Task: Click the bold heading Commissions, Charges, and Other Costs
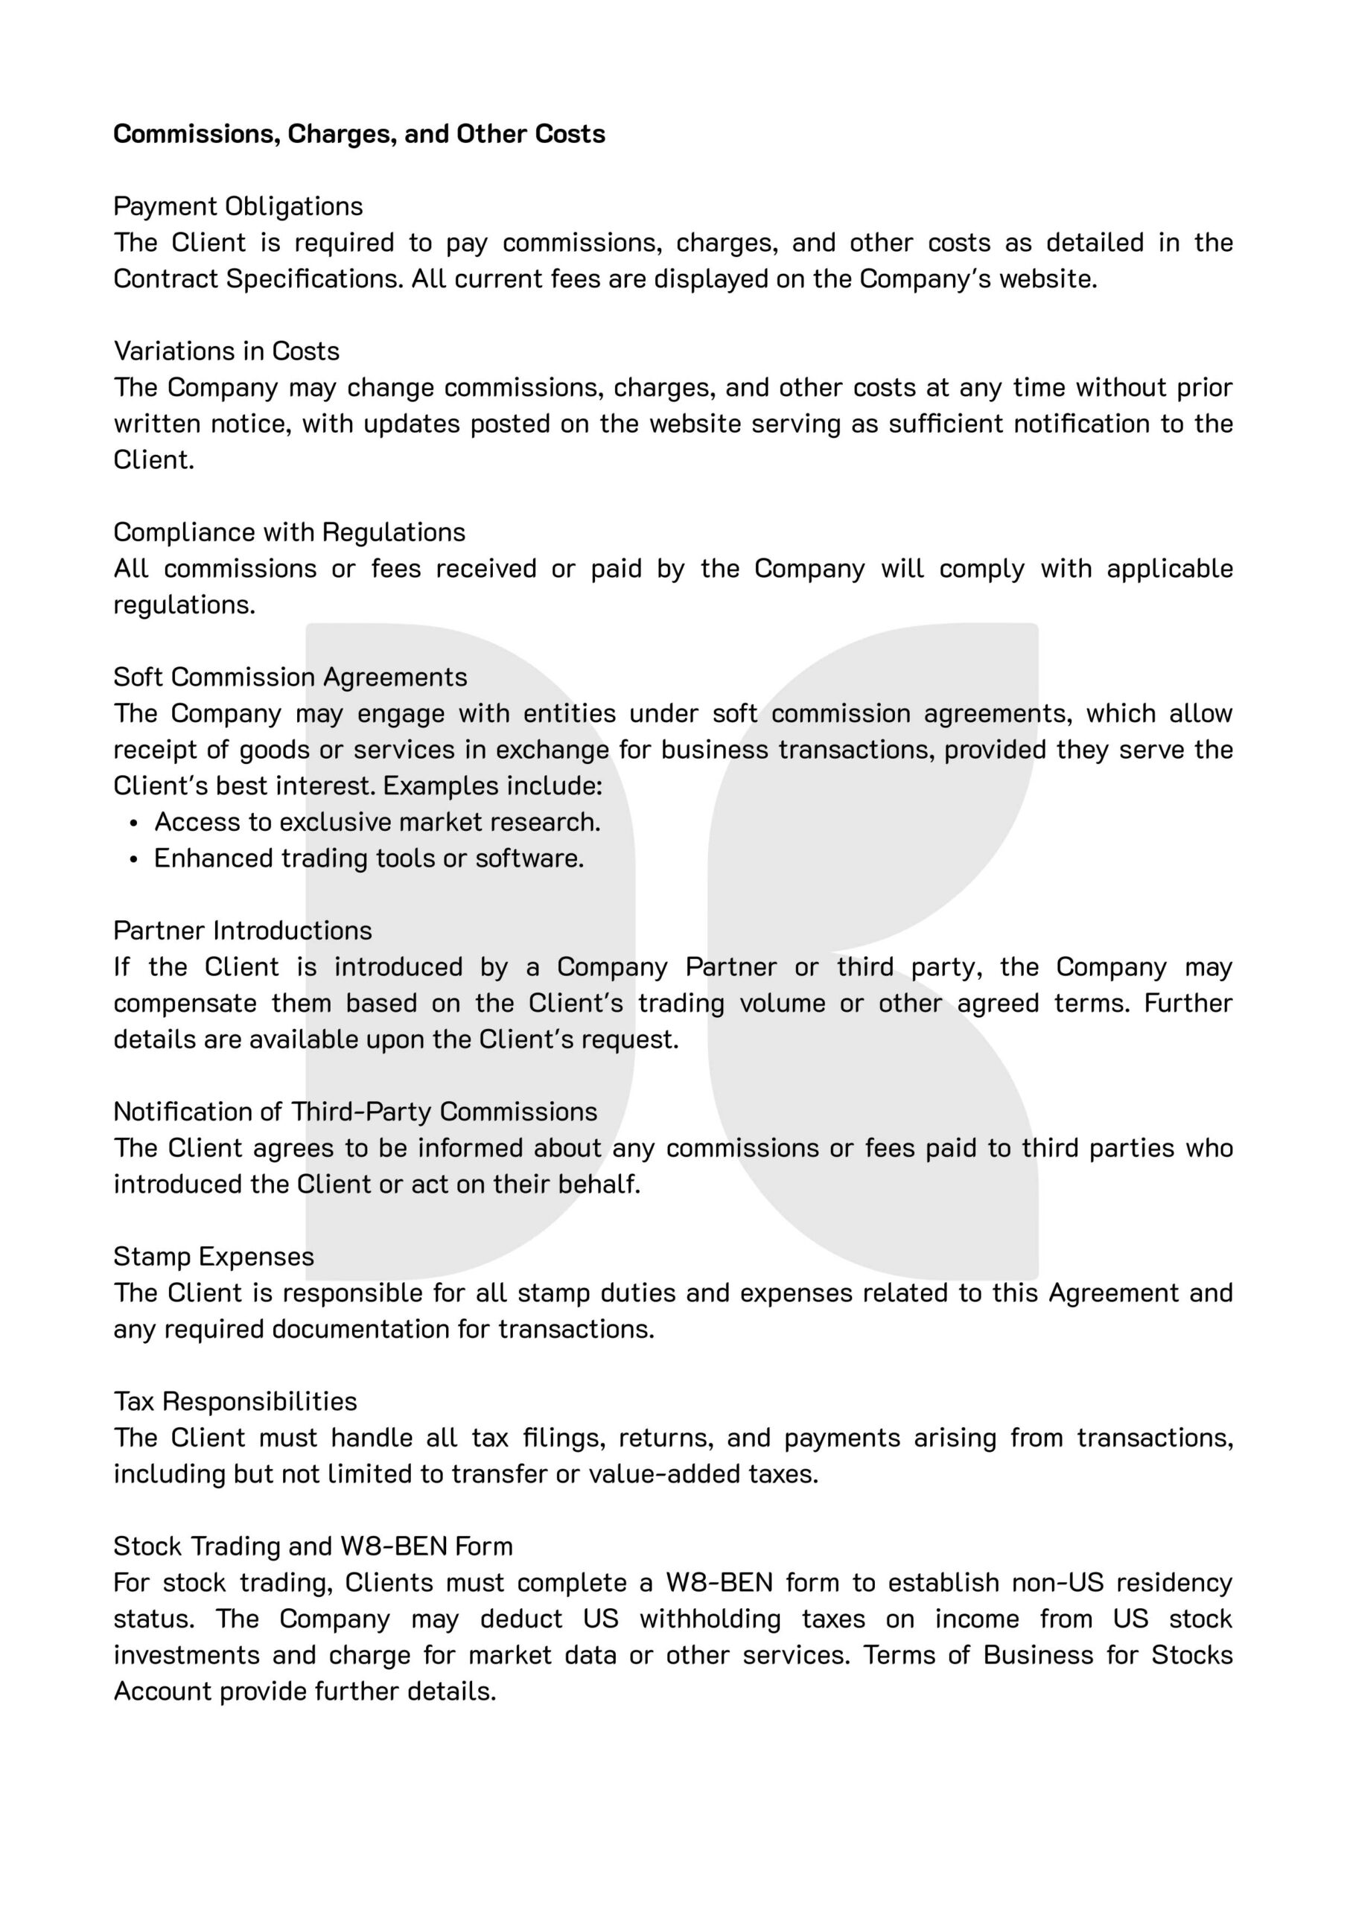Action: pyautogui.click(x=359, y=134)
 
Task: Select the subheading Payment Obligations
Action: pyautogui.click(x=238, y=206)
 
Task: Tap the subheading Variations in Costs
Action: pyautogui.click(x=226, y=351)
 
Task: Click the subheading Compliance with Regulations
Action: pyautogui.click(x=289, y=532)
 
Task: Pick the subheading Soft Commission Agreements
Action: pyautogui.click(x=290, y=678)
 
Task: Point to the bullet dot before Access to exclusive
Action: pyautogui.click(x=134, y=823)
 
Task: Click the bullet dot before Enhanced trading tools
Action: pyautogui.click(x=134, y=859)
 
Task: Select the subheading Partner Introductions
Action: pyautogui.click(x=243, y=931)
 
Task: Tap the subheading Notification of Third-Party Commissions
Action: pyautogui.click(x=355, y=1112)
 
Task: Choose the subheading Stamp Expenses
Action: pyautogui.click(x=214, y=1257)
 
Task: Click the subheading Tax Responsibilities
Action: pyautogui.click(x=235, y=1401)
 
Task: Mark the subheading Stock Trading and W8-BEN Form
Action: pyautogui.click(x=313, y=1546)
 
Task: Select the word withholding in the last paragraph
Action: pyautogui.click(x=710, y=1619)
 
